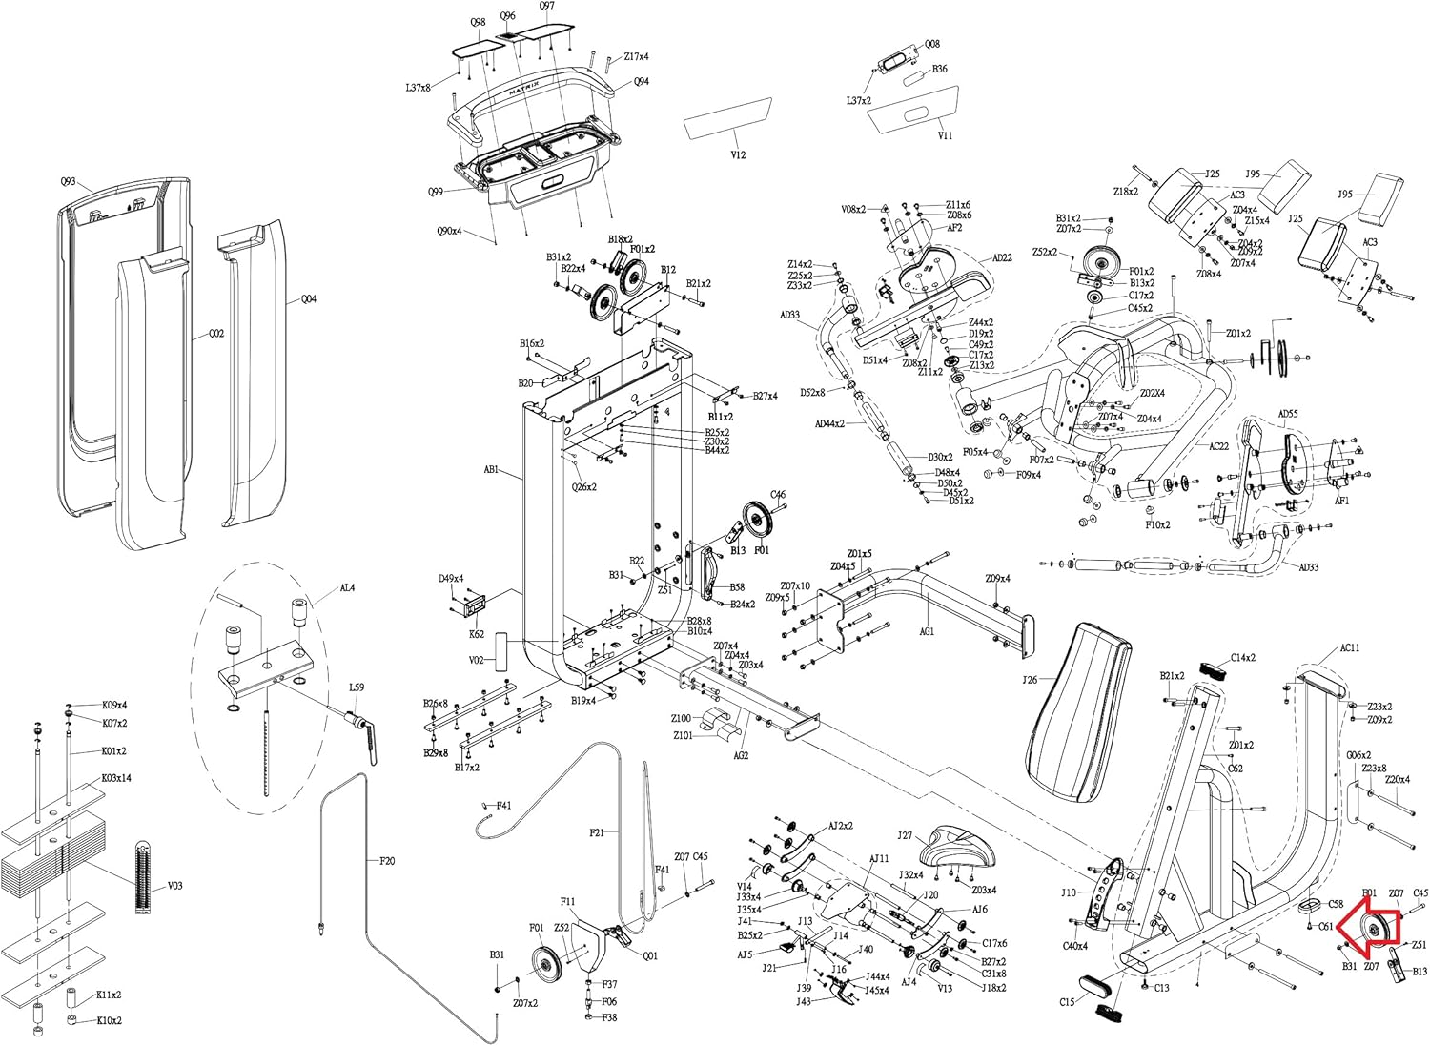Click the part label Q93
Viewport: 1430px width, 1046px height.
pyautogui.click(x=68, y=181)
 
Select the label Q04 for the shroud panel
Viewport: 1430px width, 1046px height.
pyautogui.click(x=308, y=299)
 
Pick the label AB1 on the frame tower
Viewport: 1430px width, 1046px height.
pyautogui.click(x=492, y=470)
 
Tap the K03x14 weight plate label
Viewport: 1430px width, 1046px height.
pyautogui.click(x=116, y=778)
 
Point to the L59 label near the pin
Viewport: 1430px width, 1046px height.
pyautogui.click(x=356, y=687)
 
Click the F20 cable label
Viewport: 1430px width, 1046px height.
pyautogui.click(x=387, y=861)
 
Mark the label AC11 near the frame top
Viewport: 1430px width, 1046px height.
pyautogui.click(x=1349, y=648)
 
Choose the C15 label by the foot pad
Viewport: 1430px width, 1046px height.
pyautogui.click(x=1067, y=1002)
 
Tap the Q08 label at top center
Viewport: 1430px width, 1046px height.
pyautogui.click(x=932, y=44)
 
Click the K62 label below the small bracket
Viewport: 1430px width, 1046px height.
pyautogui.click(x=477, y=633)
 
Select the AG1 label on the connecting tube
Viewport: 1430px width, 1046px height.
pyautogui.click(x=927, y=631)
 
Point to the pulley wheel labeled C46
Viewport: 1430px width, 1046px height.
pyautogui.click(x=761, y=521)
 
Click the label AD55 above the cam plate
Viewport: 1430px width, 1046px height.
pyautogui.click(x=1287, y=415)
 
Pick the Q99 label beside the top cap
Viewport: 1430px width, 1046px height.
pyautogui.click(x=435, y=191)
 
